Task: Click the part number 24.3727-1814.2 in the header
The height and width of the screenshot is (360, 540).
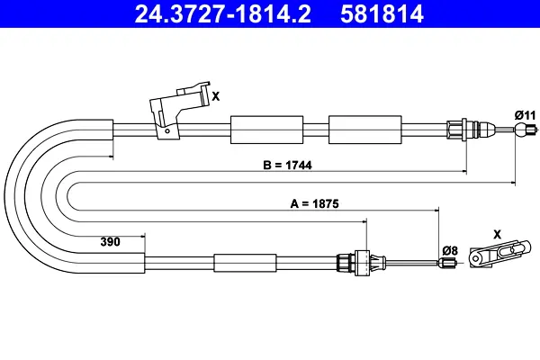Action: [x=222, y=13]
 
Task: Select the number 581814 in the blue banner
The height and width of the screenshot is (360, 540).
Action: [x=382, y=13]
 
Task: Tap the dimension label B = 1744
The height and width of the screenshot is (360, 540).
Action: [x=288, y=165]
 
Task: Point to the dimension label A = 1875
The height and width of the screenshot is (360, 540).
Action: [x=314, y=203]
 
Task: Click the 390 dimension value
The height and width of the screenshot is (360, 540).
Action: [x=110, y=241]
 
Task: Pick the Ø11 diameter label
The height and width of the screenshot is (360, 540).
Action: [x=526, y=115]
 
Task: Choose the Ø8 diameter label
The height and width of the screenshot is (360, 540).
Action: [x=451, y=250]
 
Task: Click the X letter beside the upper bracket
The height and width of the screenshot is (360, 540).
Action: [x=216, y=96]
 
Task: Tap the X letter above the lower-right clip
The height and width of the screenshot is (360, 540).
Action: [x=498, y=235]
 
